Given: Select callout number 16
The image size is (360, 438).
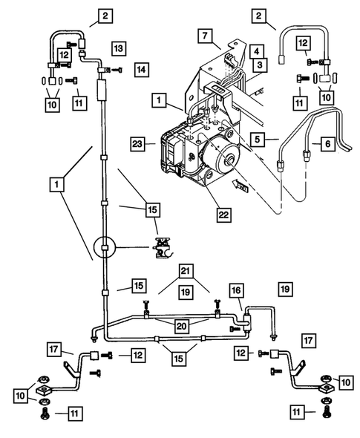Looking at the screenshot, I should (235, 290).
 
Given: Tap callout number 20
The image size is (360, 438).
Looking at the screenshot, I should (180, 324).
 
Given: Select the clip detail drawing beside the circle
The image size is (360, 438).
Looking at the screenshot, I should (163, 247).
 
